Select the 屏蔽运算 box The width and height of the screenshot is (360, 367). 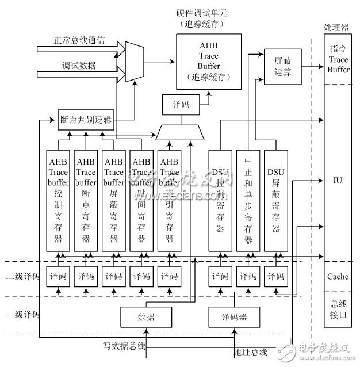279,63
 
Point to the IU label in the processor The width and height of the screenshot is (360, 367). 338,179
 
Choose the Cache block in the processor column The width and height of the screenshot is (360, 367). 338,276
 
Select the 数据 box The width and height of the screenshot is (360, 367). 147,316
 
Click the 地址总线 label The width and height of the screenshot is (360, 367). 251,351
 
